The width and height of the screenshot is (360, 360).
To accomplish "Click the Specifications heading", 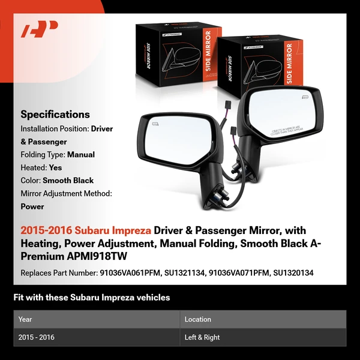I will [x=55, y=114].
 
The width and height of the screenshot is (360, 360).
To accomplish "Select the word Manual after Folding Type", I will [x=81, y=154].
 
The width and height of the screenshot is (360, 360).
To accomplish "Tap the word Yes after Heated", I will [x=56, y=167].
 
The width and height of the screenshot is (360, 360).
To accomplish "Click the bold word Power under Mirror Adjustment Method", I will [x=32, y=206].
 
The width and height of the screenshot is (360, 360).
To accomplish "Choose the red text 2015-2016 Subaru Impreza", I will [x=86, y=230].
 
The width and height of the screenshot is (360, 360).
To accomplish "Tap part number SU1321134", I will [x=184, y=273].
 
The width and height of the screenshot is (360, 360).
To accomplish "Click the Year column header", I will [x=25, y=319].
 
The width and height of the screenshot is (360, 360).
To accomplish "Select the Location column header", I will [x=198, y=319].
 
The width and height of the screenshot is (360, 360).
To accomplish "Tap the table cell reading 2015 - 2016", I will [x=37, y=337].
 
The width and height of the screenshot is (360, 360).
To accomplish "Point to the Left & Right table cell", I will [x=202, y=337].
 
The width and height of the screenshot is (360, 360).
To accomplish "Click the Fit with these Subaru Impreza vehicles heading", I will [x=91, y=297].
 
